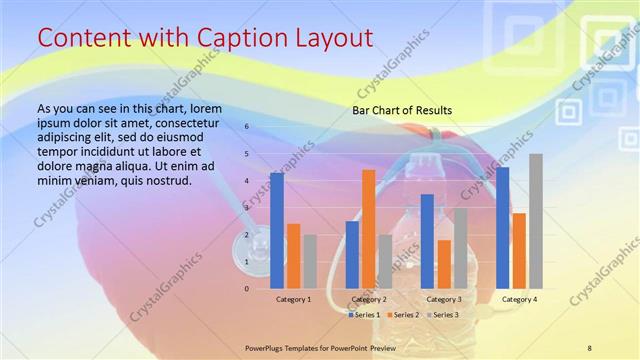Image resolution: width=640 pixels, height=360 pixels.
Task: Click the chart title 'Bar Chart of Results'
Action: pyautogui.click(x=402, y=110)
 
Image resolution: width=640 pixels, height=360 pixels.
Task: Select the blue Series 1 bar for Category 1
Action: pyautogui.click(x=277, y=230)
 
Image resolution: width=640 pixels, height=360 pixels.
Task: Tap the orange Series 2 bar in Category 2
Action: pyautogui.click(x=368, y=229)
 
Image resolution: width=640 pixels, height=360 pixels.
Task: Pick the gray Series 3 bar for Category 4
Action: pyautogui.click(x=536, y=221)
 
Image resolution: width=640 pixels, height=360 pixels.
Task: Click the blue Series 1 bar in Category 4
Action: pyautogui.click(x=503, y=228)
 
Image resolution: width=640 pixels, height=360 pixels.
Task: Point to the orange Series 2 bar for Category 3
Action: pyautogui.click(x=444, y=264)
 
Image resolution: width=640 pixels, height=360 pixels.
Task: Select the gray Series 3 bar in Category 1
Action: pyautogui.click(x=310, y=261)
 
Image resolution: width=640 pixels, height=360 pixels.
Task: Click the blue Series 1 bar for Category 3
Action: pyautogui.click(x=427, y=241)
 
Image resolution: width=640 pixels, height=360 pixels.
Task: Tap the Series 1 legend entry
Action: pyautogui.click(x=364, y=315)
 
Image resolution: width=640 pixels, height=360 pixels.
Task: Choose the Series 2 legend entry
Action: pyautogui.click(x=402, y=315)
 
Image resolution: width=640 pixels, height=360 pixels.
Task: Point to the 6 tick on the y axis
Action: pyautogui.click(x=247, y=127)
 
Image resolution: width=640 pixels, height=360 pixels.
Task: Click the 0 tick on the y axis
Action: pyautogui.click(x=247, y=289)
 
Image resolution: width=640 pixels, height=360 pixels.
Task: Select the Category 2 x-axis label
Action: pyautogui.click(x=369, y=299)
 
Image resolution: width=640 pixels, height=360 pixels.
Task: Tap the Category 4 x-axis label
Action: pyautogui.click(x=519, y=299)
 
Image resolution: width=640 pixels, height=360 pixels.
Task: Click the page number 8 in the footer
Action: pyautogui.click(x=589, y=348)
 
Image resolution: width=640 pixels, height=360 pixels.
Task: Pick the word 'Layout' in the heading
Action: pyautogui.click(x=338, y=38)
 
